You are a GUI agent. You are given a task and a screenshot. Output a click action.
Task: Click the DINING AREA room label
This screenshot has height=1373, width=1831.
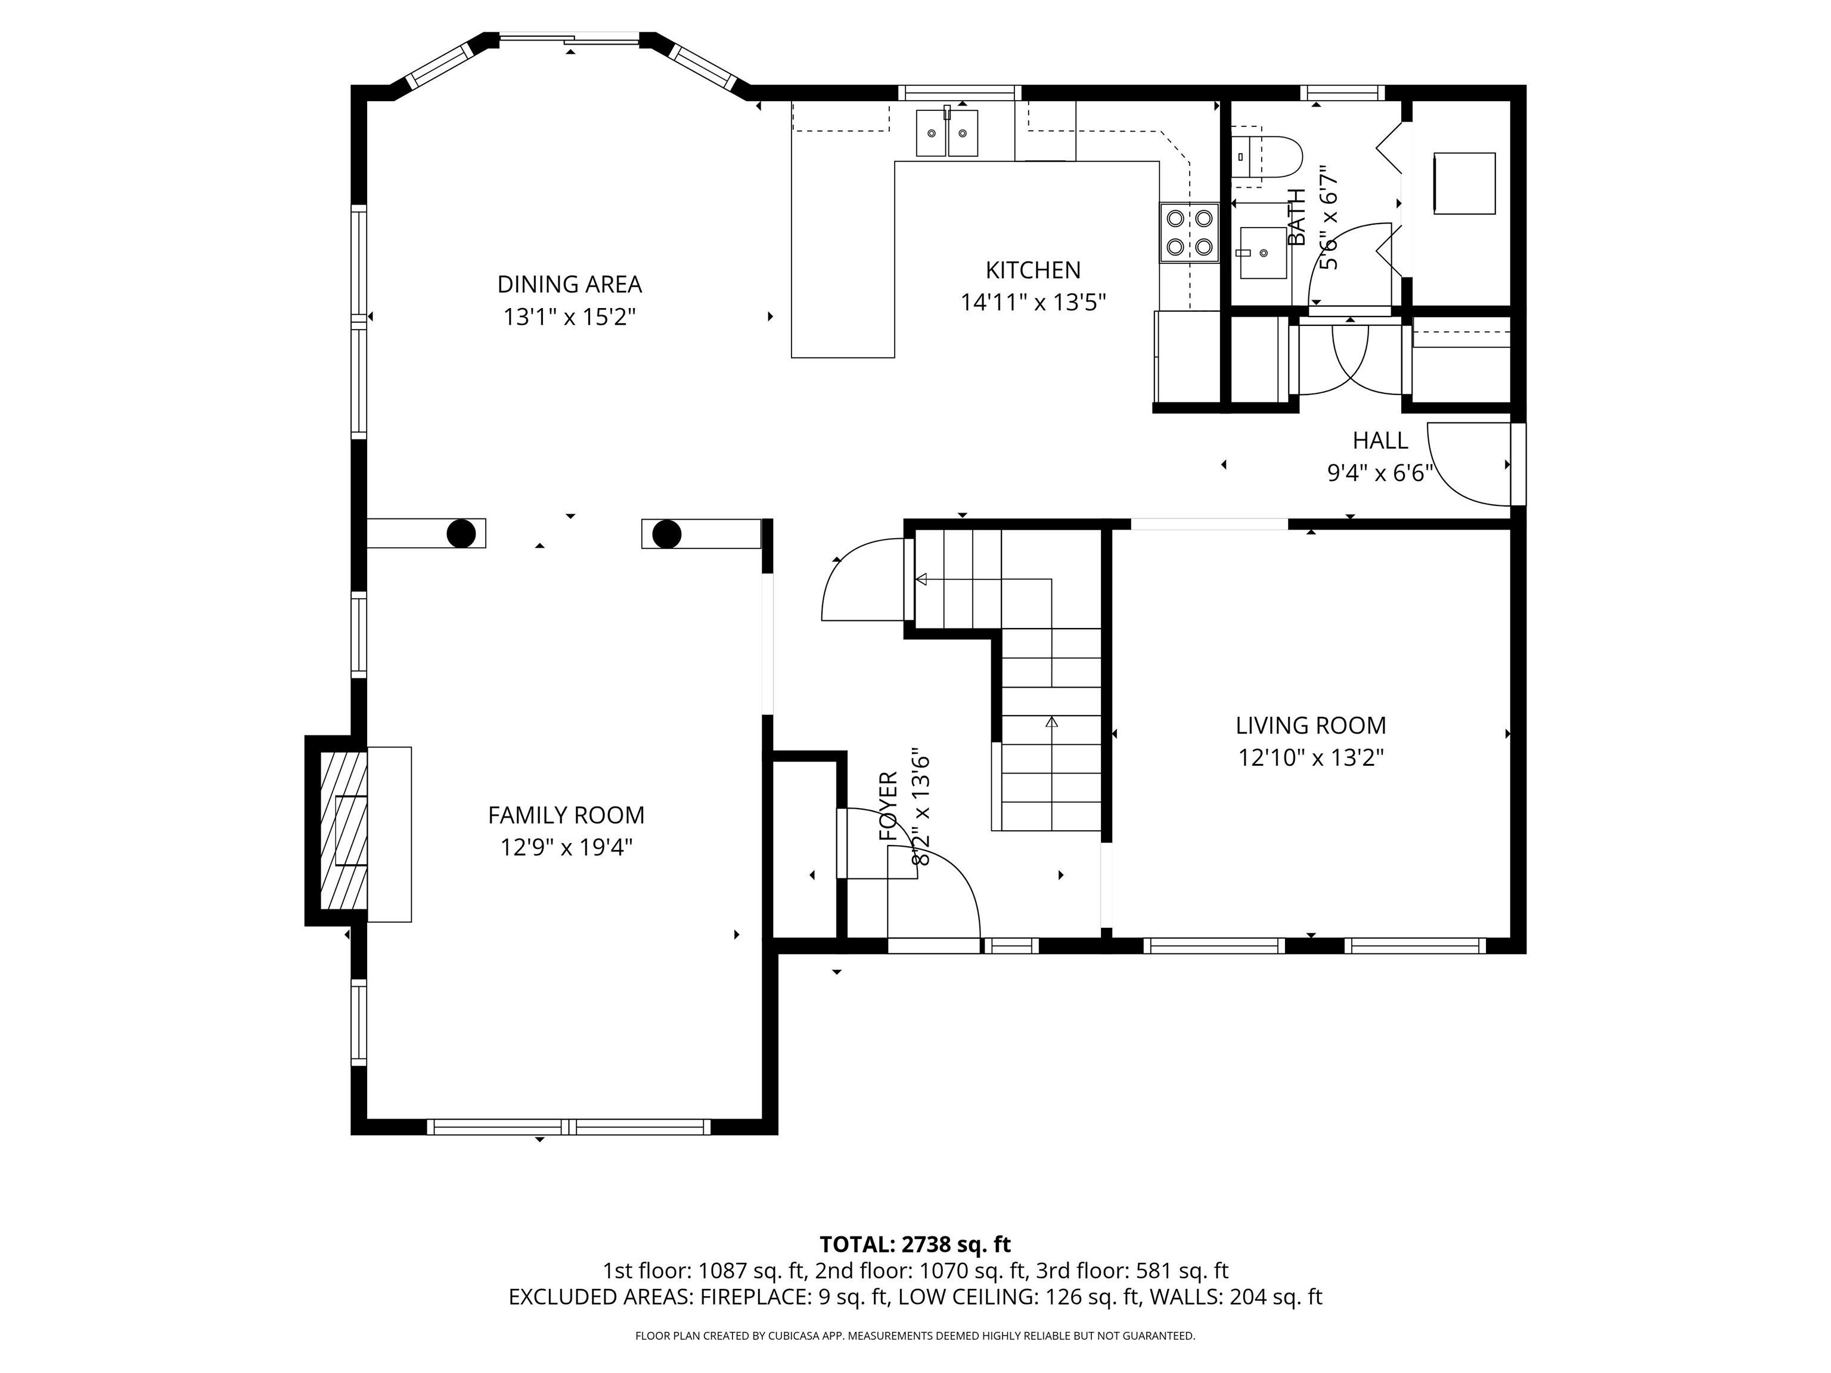pyautogui.click(x=569, y=285)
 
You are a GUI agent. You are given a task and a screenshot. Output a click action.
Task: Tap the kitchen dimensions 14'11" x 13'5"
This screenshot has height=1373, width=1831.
pyautogui.click(x=1033, y=303)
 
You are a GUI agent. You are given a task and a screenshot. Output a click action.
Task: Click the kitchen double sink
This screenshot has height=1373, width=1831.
pyautogui.click(x=947, y=133)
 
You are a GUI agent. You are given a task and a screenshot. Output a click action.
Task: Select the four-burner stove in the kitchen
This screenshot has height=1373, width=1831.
pyautogui.click(x=1188, y=232)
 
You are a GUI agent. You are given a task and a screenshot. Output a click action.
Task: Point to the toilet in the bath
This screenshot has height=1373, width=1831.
pyautogui.click(x=1267, y=157)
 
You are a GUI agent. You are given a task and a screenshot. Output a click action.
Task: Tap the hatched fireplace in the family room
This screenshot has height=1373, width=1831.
pyautogui.click(x=343, y=830)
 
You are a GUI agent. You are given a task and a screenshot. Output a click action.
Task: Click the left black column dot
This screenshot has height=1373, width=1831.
pyautogui.click(x=461, y=534)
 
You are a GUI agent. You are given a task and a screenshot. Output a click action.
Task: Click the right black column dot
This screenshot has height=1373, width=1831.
pyautogui.click(x=666, y=534)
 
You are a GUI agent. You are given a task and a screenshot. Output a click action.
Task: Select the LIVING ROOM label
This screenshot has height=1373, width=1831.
pyautogui.click(x=1310, y=726)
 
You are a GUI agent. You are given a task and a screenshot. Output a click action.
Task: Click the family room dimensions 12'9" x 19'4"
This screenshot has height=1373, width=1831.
pyautogui.click(x=566, y=847)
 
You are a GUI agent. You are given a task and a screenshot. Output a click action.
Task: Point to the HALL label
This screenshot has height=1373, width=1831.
pyautogui.click(x=1380, y=440)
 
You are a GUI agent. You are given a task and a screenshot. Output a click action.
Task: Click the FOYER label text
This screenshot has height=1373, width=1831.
pyautogui.click(x=888, y=806)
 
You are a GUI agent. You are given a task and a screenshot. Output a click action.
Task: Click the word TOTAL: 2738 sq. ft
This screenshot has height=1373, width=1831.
pyautogui.click(x=915, y=1245)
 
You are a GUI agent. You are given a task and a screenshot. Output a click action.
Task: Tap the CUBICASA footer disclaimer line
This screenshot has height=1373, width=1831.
pyautogui.click(x=915, y=1336)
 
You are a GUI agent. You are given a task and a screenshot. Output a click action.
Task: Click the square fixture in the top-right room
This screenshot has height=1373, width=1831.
pyautogui.click(x=1464, y=184)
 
